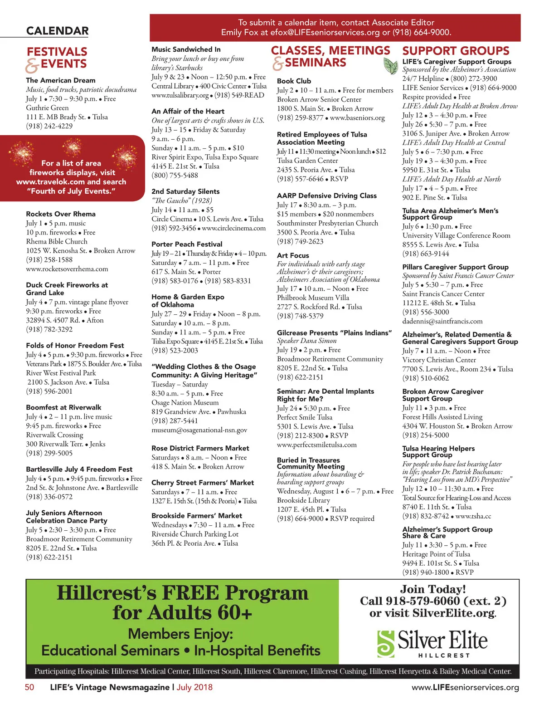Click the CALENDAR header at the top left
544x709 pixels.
coord(57,31)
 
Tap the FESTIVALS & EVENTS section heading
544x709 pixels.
coord(56,58)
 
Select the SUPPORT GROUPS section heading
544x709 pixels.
coord(456,51)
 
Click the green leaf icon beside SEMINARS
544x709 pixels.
coord(390,66)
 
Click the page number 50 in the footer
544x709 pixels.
coord(29,687)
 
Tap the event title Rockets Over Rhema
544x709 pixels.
coord(61,214)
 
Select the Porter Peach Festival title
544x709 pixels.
coord(187,244)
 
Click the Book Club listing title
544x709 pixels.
coord(294,81)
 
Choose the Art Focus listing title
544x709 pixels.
coord(293,255)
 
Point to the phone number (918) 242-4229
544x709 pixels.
coord(49,126)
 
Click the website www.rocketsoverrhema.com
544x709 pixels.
coord(67,269)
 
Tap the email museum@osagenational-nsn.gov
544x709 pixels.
coord(199,430)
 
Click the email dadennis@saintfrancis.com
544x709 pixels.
coord(442,321)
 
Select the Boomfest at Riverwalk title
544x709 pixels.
coord(63,407)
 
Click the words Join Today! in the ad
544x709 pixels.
coord(432,589)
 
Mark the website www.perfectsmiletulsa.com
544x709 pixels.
coord(316,445)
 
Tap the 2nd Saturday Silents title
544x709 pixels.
coord(185,191)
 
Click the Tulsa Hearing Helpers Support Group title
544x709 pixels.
coord(438,451)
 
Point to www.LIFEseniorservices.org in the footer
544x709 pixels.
coord(465,687)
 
